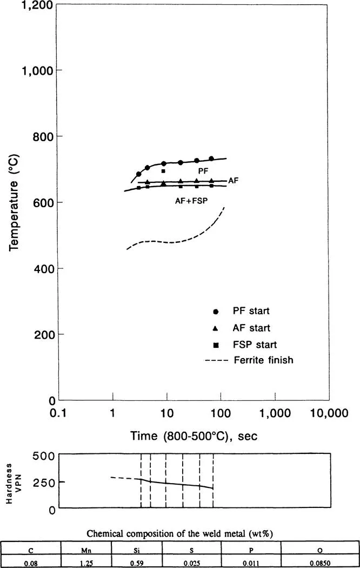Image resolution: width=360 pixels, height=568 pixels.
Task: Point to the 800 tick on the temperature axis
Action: coord(42,136)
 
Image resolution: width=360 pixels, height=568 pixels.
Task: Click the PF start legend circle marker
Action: coord(216,312)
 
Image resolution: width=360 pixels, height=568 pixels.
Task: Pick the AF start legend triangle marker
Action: coord(216,328)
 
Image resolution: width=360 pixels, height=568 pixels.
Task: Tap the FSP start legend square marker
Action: coord(216,345)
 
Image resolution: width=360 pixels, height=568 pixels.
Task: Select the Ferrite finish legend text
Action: coord(263,360)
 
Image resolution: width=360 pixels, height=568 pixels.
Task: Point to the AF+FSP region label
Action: coord(191,201)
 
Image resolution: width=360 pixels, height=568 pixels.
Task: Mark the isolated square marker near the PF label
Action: coord(163,171)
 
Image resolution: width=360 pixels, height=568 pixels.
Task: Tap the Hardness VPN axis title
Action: coord(14,481)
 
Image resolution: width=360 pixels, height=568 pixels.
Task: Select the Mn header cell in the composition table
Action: coord(87,551)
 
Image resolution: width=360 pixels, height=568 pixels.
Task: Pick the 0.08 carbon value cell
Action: coord(31,563)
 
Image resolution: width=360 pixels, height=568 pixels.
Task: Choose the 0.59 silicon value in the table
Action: coord(138,563)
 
